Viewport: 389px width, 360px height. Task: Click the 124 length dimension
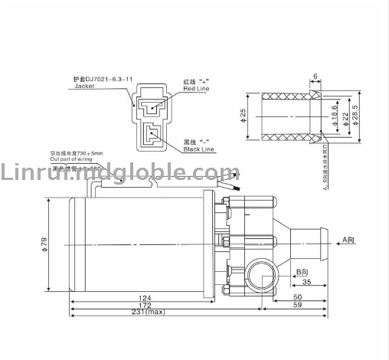coord(143,297)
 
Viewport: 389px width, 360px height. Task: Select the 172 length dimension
coord(143,306)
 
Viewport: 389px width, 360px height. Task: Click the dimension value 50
coord(297,297)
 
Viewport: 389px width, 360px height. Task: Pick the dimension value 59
coord(297,306)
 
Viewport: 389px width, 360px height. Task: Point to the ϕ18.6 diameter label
coord(335,117)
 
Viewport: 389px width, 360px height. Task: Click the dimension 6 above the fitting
coord(315,77)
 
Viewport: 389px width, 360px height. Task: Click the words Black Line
coord(199,149)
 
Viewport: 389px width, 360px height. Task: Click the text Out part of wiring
coord(76,159)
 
